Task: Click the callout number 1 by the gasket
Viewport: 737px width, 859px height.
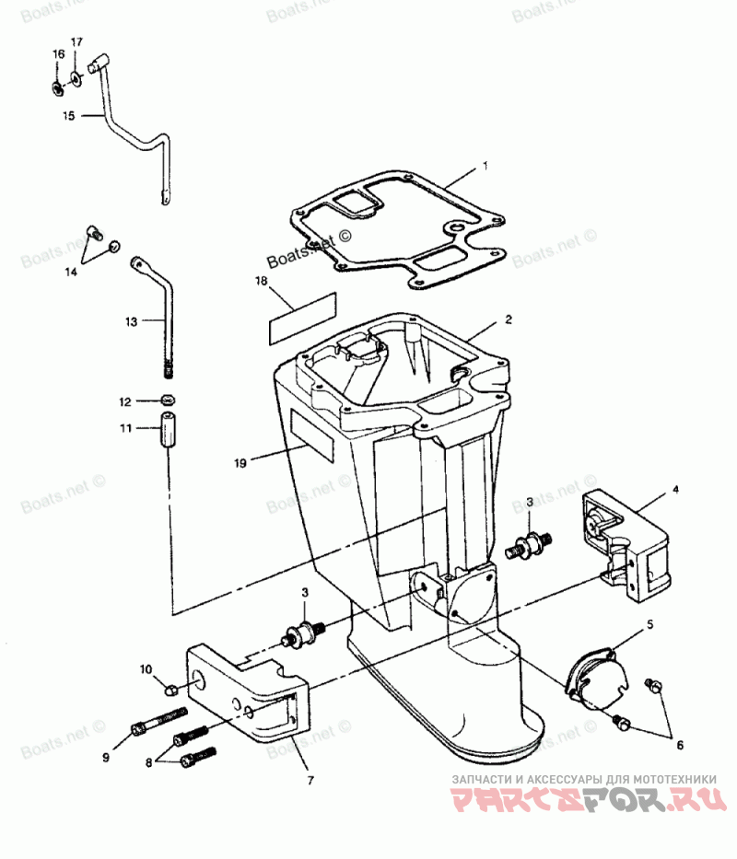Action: [485, 168]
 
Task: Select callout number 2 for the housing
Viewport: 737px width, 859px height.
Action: [508, 320]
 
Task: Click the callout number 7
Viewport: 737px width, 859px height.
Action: [310, 781]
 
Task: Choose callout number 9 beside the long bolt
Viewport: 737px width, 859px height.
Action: [106, 757]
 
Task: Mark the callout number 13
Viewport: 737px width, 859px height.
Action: [132, 322]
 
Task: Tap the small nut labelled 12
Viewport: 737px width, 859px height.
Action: [169, 400]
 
